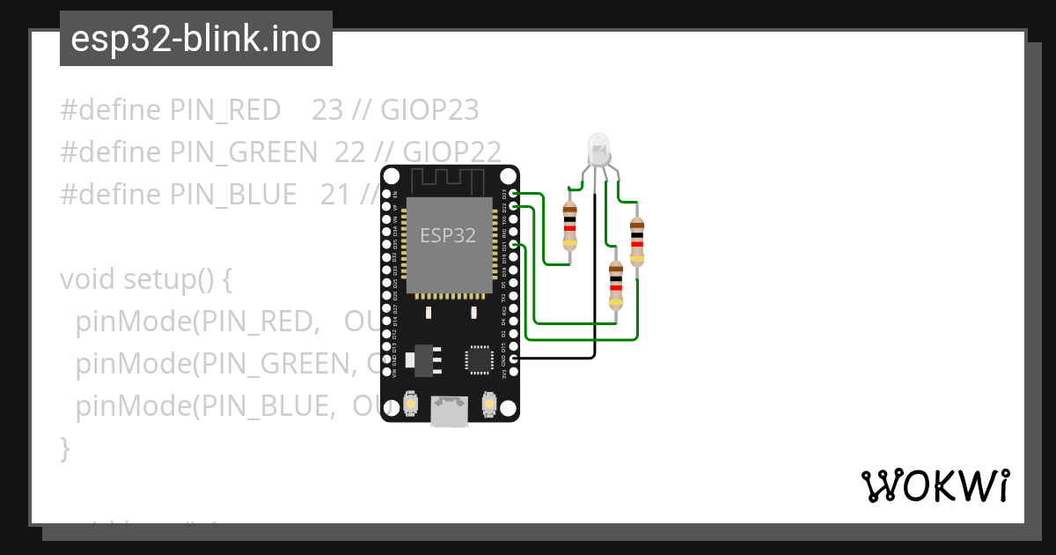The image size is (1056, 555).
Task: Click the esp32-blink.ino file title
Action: (x=195, y=39)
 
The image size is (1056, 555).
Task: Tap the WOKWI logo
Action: (x=935, y=485)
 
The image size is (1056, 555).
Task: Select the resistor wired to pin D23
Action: (x=569, y=226)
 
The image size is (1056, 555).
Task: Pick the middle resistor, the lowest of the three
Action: (x=616, y=286)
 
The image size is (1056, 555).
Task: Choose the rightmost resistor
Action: (x=637, y=242)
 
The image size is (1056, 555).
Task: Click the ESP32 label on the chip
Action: (x=448, y=235)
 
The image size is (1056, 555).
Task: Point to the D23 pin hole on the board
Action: (x=513, y=193)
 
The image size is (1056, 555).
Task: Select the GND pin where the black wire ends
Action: (x=513, y=359)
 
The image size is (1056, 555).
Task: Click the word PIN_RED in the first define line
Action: (x=225, y=110)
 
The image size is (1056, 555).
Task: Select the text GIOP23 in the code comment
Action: (x=429, y=110)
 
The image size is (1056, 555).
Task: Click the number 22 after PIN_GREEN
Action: (x=349, y=152)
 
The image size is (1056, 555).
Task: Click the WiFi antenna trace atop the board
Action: (x=450, y=180)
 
